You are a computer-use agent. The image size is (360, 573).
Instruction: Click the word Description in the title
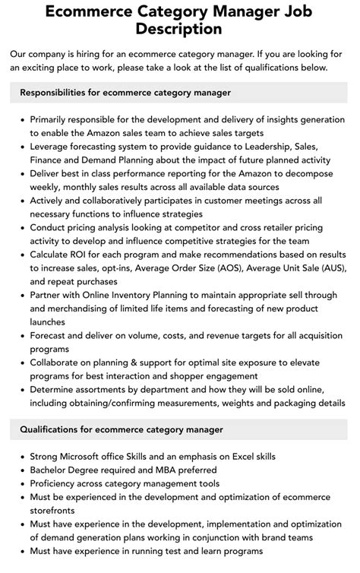180,30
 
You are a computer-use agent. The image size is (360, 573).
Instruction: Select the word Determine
55,391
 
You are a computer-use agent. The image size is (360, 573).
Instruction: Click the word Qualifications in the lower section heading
52,429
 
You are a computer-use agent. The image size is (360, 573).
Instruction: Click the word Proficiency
58,484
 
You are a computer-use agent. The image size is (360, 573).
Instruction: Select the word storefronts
56,511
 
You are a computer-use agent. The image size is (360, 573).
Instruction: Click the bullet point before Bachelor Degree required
20,470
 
